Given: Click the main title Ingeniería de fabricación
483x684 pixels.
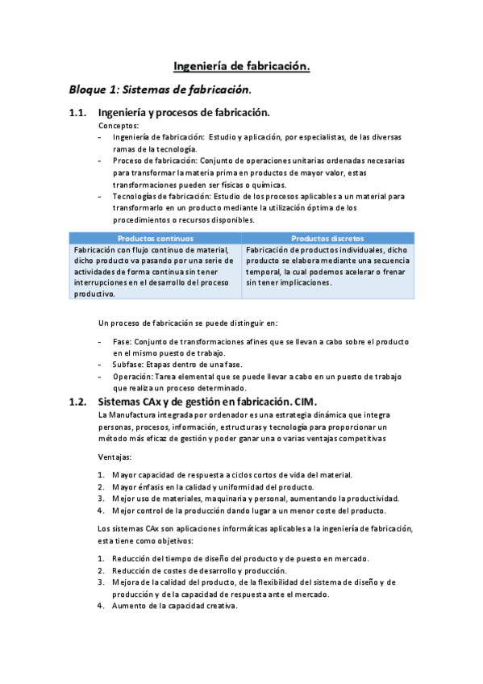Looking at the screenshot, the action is pos(242,68).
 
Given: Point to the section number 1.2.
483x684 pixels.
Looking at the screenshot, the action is pos(78,402).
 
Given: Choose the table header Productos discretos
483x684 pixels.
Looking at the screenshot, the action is pos(328,239).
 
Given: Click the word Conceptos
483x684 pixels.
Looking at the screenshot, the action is pos(119,126).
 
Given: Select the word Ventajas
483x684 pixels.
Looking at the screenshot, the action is pos(115,457).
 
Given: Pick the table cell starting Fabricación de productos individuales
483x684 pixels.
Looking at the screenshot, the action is pos(328,266).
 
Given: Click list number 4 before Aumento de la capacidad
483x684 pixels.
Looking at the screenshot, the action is pos(101,606).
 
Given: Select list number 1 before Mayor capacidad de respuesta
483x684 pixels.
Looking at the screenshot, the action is pos(101,475).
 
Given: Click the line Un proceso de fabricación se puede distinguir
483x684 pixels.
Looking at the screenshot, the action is pos(188,323).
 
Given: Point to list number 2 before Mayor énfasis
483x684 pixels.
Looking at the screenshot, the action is pos(101,486).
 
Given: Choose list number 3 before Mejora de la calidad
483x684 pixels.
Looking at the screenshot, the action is pos(101,582).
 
